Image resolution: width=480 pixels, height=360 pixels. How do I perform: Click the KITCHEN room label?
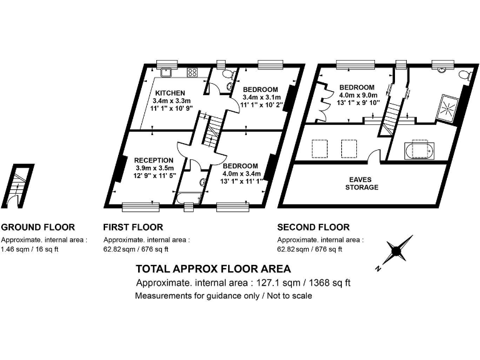point(170,93)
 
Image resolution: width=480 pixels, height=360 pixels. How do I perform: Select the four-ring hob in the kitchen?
point(192,72)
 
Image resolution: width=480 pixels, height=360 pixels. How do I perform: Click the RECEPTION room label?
point(153,161)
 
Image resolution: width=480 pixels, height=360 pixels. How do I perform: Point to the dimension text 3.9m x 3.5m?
point(154,169)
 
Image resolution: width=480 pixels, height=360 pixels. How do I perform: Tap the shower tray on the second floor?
point(448,106)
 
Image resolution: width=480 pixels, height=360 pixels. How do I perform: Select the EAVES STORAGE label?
point(363,183)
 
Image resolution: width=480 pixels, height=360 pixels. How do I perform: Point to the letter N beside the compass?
point(379,269)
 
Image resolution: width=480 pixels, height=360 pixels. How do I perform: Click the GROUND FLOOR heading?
point(38,227)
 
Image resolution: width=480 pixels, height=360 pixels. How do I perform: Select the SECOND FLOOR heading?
point(314,227)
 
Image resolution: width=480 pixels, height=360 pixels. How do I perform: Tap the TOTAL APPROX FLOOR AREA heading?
point(213,269)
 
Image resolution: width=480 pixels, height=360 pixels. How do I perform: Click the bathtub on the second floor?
point(417,151)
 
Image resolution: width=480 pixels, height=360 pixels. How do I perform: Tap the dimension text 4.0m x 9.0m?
point(357,95)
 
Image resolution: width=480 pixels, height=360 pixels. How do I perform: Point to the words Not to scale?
point(289,296)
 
